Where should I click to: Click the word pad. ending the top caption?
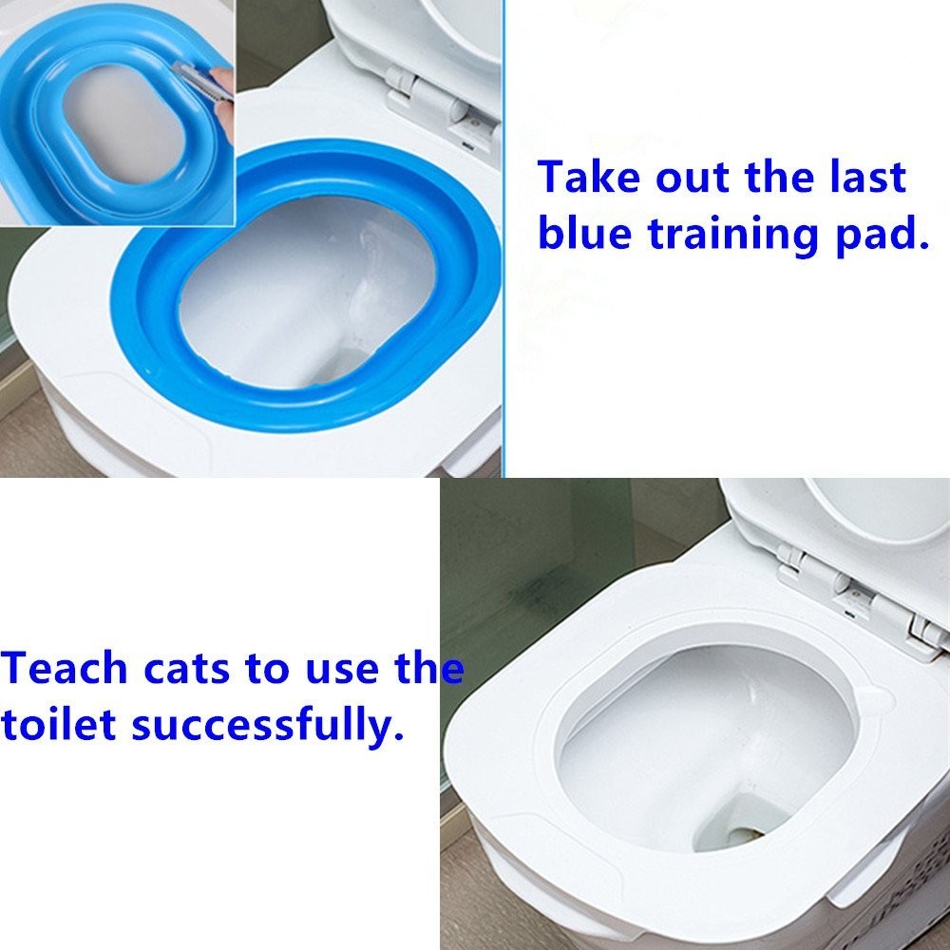tap(880, 233)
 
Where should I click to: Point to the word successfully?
tap(262, 727)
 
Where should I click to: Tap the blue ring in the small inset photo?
tap(57, 123)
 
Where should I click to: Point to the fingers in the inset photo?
tap(224, 90)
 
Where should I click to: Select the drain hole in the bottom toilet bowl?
tap(741, 836)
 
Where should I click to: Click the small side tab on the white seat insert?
tap(879, 703)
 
